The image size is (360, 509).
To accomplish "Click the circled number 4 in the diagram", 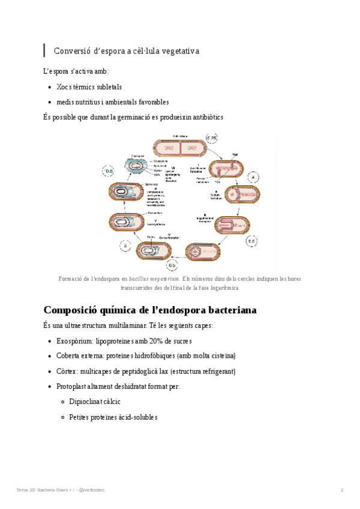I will pos(254,178).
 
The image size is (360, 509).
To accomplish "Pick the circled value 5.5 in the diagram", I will pos(251,241).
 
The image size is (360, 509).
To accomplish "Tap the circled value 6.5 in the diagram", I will pos(172,265).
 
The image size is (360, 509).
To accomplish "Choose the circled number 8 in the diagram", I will pos(125,245).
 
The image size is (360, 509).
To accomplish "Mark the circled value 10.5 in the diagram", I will pos(109,172).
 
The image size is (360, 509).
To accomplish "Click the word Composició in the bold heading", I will pos(75,310).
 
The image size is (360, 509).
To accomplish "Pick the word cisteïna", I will pos(221,355).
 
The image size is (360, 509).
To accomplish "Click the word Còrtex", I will pos(67,372).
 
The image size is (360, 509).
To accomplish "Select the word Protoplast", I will pos(73,387).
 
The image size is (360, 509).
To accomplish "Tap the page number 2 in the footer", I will pos(342,490).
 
